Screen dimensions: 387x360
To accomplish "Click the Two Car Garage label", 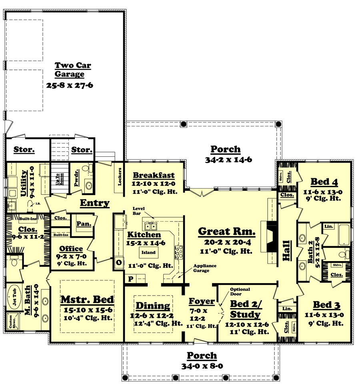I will pyautogui.click(x=72, y=70).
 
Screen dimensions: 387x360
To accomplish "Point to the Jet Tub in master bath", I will pyautogui.click(x=15, y=297).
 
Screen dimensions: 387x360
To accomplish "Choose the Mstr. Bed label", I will pyautogui.click(x=87, y=299).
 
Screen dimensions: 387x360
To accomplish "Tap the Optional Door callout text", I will pyautogui.click(x=240, y=292).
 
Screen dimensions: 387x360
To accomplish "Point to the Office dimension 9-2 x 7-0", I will pyautogui.click(x=71, y=257).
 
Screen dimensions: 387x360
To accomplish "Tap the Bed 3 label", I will pyautogui.click(x=326, y=305).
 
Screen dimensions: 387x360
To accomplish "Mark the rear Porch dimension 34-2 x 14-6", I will pyautogui.click(x=226, y=159).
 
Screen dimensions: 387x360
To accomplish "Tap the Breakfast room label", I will pyautogui.click(x=154, y=175).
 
